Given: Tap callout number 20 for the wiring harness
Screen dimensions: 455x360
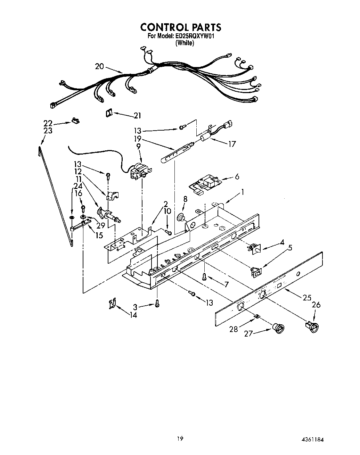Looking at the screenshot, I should pos(99,66).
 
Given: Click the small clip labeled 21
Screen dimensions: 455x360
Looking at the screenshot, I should pos(109,113).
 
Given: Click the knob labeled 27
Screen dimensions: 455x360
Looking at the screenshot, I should pos(278,328).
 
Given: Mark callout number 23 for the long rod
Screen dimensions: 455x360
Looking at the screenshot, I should pos(48,131).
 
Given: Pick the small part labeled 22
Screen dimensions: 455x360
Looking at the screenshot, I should pos(75,120).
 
